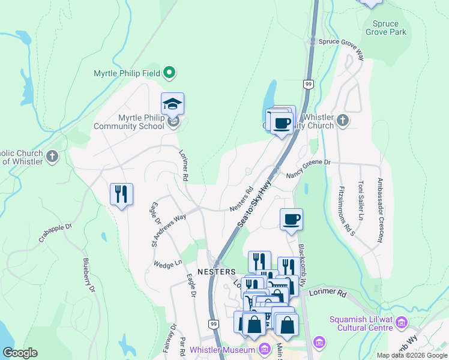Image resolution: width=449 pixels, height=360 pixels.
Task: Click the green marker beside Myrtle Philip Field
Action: pos(169,74)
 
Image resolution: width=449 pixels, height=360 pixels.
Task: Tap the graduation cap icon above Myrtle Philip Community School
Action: pos(172,104)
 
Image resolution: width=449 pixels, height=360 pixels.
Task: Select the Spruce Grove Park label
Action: pos(385,28)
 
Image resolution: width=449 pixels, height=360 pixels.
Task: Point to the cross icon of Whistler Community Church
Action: pos(343,121)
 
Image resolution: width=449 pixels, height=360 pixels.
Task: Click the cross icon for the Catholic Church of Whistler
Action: pos(52,157)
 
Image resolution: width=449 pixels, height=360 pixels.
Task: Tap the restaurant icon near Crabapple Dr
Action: pos(121,194)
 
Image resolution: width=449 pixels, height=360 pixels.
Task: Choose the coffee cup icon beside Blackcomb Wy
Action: pos(291,219)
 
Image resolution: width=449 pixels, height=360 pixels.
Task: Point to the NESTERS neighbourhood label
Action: pos(216,272)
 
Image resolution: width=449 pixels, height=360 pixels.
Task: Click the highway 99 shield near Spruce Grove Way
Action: pos(308,84)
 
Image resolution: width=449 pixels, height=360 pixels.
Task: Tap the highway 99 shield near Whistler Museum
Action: pos(213,324)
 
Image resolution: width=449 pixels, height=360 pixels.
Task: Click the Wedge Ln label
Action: pos(167,263)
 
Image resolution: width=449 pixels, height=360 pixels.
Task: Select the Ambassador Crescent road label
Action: pos(380,210)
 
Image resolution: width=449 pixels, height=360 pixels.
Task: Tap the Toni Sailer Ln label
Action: pos(361,200)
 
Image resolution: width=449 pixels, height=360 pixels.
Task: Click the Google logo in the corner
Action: pos(20,353)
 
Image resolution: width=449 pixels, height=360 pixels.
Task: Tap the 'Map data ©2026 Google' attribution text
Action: pos(411,355)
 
